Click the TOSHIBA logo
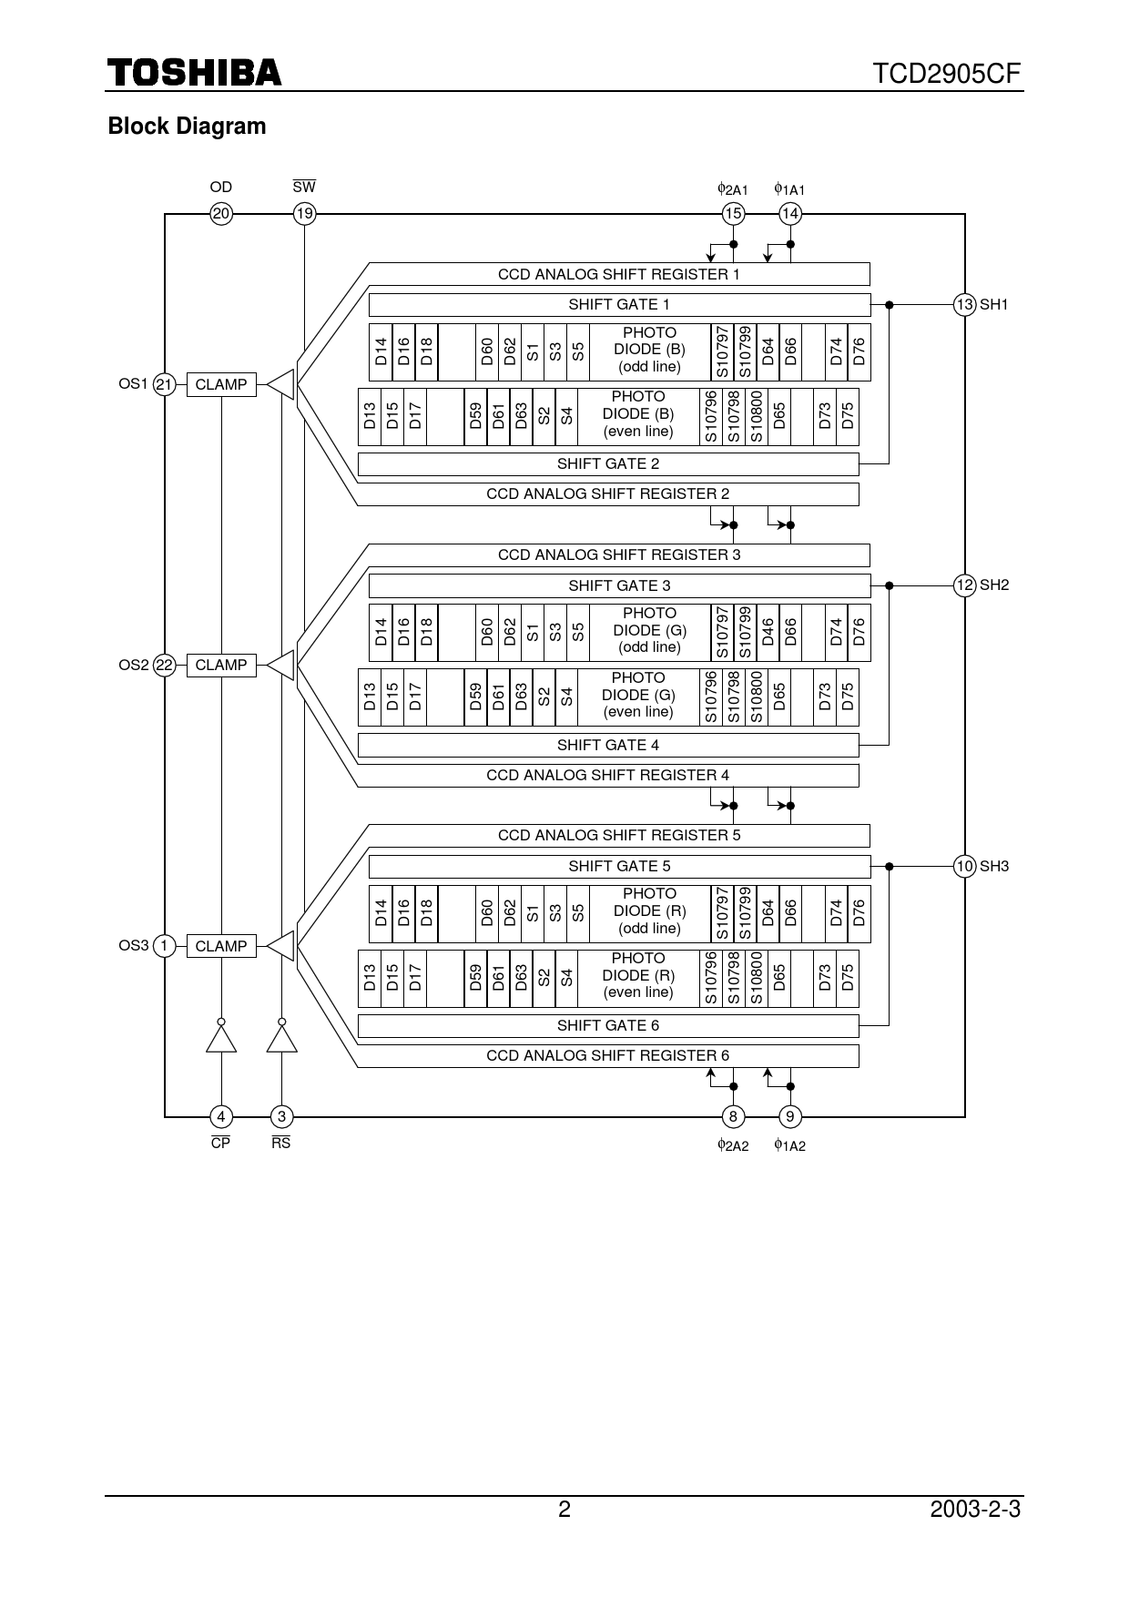pyautogui.click(x=195, y=73)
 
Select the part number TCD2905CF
pyautogui.click(x=947, y=74)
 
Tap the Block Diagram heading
pyautogui.click(x=187, y=127)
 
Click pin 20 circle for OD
pyautogui.click(x=221, y=214)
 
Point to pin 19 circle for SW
pyautogui.click(x=304, y=214)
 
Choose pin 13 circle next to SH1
pyautogui.click(x=964, y=304)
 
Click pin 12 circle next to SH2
pyautogui.click(x=964, y=585)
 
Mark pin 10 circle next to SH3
pyautogui.click(x=964, y=866)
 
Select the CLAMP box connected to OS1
pyautogui.click(x=221, y=384)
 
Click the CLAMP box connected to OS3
pyautogui.click(x=221, y=946)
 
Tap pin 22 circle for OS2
pyautogui.click(x=164, y=666)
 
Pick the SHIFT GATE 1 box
pyautogui.click(x=619, y=304)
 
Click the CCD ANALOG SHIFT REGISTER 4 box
pyautogui.click(x=607, y=775)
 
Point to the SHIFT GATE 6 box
pyautogui.click(x=607, y=1026)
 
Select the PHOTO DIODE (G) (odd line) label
pyautogui.click(x=649, y=630)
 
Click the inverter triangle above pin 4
pyautogui.click(x=221, y=1039)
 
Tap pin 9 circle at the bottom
pyautogui.click(x=790, y=1116)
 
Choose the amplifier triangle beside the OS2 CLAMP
pyautogui.click(x=282, y=666)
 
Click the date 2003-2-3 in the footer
pyautogui.click(x=975, y=1510)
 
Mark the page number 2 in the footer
pyautogui.click(x=564, y=1510)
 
